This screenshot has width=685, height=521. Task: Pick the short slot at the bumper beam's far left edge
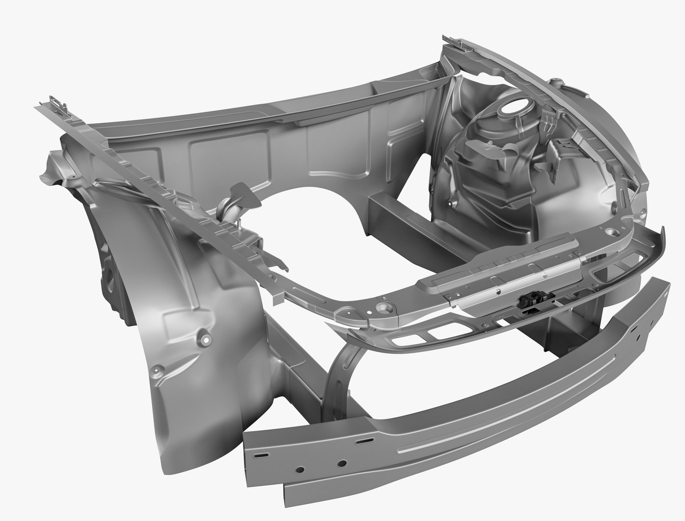tap(261, 455)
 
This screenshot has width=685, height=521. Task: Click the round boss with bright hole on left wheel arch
tap(202, 338)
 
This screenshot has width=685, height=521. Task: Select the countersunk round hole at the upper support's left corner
tap(385, 306)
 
